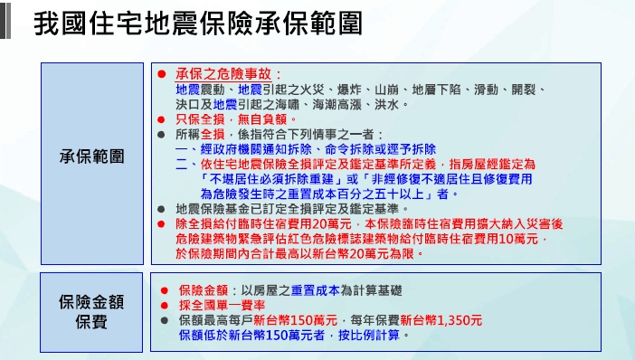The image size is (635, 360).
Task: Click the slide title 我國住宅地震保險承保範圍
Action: pos(198,24)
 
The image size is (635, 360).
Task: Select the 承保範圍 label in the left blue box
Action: pos(92,156)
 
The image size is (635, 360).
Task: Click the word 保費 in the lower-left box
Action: pos(91,322)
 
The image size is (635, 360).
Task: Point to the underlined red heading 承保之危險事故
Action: pos(223,74)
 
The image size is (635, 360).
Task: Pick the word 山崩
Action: pos(386,90)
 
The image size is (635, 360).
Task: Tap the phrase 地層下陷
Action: pos(436,90)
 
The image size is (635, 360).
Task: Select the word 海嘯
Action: pos(287,105)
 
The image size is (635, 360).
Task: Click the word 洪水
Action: pos(386,105)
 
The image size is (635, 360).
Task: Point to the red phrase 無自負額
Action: pos(262,119)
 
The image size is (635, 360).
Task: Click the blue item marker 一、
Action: pos(187,149)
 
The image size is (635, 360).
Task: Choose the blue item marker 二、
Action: pos(187,165)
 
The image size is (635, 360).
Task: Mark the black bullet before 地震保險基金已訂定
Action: pos(161,209)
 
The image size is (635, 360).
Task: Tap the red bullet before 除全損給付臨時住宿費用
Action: pos(161,224)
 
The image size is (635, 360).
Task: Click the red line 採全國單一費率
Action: pos(222,306)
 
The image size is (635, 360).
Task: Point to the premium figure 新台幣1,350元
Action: pos(441,320)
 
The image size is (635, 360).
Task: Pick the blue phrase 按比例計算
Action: pos(369,336)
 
